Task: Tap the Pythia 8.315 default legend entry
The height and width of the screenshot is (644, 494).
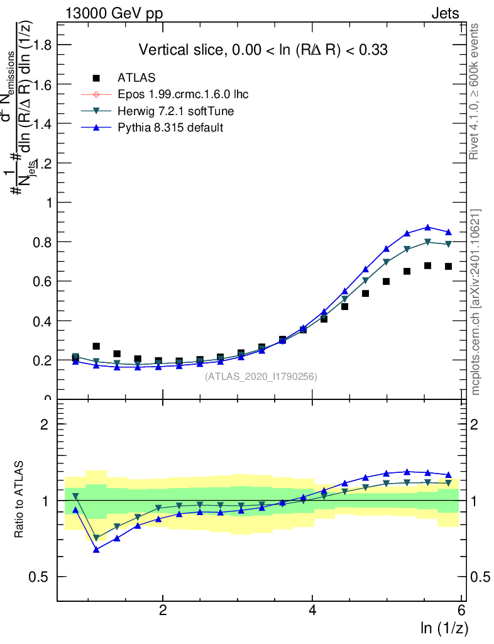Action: [x=170, y=128]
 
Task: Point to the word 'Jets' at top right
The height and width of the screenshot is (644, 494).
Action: [x=445, y=14]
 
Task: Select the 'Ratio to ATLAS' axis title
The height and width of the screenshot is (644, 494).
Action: [x=19, y=500]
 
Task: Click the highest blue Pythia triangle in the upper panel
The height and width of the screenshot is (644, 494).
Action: [x=427, y=228]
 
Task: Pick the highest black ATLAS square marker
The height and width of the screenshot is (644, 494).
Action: [x=427, y=265]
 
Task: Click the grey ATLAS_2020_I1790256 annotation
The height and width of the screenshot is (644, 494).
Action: [x=261, y=377]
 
